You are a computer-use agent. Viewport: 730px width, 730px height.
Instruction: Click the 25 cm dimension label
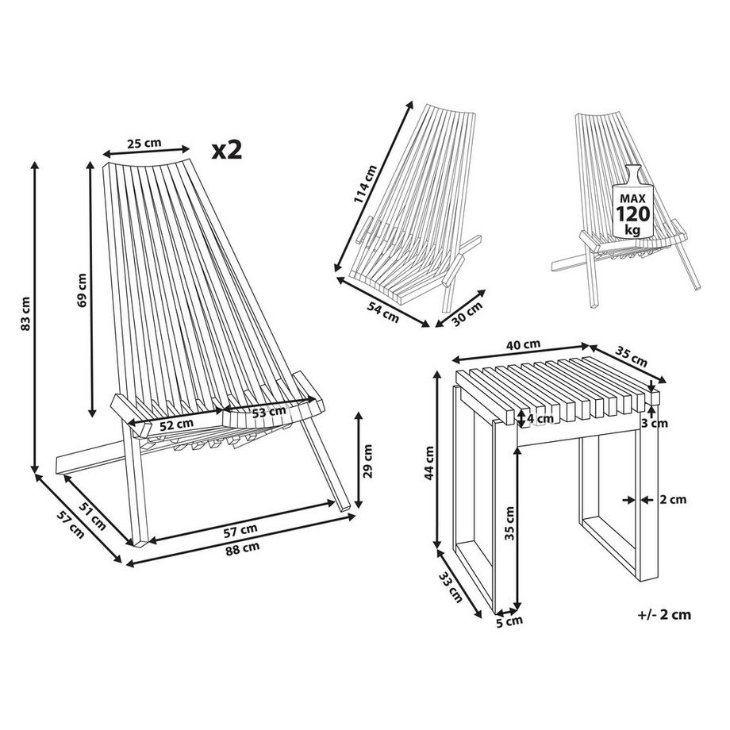pyautogui.click(x=144, y=143)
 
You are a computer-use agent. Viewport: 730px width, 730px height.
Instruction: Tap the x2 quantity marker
pyautogui.click(x=228, y=150)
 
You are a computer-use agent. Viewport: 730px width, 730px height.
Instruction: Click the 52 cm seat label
pyautogui.click(x=175, y=423)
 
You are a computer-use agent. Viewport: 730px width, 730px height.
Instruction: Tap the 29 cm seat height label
pyautogui.click(x=368, y=459)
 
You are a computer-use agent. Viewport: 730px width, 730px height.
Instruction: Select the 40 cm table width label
pyautogui.click(x=523, y=344)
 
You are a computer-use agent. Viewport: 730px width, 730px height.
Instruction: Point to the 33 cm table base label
pyautogui.click(x=451, y=587)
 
